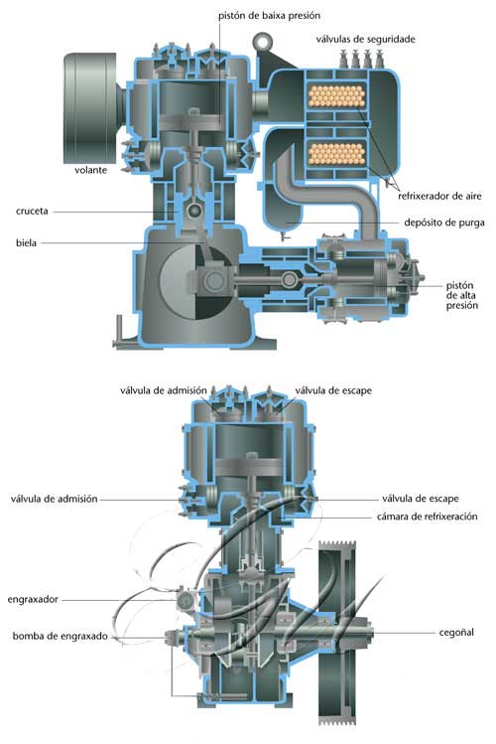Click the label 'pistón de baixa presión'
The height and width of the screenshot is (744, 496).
[269, 16]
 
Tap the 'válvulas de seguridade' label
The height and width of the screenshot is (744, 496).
[365, 39]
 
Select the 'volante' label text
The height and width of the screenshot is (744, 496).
[91, 170]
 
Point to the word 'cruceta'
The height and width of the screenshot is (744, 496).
[32, 212]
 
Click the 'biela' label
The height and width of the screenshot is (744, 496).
[26, 243]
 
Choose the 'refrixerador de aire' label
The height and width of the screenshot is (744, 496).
[439, 196]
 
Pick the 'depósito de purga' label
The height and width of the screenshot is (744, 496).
[443, 223]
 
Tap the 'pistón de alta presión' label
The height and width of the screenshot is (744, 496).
[462, 295]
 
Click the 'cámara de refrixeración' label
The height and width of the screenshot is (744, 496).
[427, 517]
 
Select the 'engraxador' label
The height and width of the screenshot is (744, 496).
[33, 599]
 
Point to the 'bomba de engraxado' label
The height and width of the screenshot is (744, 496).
[61, 636]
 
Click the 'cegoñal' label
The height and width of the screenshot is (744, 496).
[456, 632]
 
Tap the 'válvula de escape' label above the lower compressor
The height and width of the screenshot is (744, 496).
[333, 390]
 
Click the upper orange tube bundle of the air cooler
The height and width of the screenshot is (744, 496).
[336, 96]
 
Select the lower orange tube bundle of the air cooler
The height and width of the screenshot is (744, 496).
[336, 153]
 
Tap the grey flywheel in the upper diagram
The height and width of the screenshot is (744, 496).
[90, 108]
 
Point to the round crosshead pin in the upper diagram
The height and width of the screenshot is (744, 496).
[194, 211]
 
